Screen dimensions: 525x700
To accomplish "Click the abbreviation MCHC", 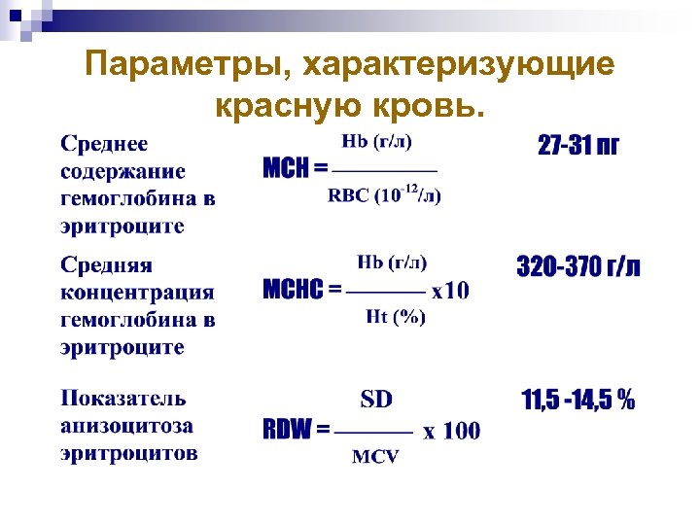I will (295, 290).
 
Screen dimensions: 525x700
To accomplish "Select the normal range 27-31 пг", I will (578, 146).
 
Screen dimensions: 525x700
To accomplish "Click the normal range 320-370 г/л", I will (578, 267).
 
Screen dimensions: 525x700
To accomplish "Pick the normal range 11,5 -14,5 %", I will (578, 400).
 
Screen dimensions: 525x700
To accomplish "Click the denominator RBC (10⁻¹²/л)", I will (385, 194).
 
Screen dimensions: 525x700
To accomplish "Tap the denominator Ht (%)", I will (395, 317).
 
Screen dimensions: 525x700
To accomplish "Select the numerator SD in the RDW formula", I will (377, 400).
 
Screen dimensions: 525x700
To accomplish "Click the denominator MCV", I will (375, 457).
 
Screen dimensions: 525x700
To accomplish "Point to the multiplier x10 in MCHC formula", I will (450, 290).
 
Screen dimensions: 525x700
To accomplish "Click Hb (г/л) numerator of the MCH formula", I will (377, 142).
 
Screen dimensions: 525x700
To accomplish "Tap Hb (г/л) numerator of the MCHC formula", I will (393, 262).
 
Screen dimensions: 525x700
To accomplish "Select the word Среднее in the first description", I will (105, 144).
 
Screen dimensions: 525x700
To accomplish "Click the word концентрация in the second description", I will (137, 292).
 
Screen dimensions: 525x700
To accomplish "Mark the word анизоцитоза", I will (126, 425).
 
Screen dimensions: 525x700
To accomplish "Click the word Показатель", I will (123, 398).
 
